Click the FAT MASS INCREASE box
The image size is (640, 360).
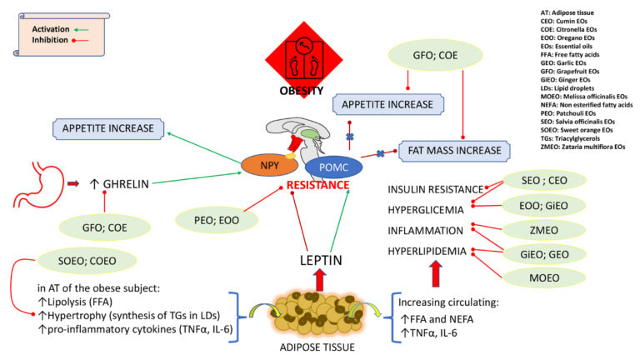tap(454, 152)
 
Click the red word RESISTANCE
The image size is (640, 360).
tap(317, 185)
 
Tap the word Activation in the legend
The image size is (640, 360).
tap(50, 28)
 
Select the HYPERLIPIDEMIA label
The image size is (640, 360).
tap(427, 251)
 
